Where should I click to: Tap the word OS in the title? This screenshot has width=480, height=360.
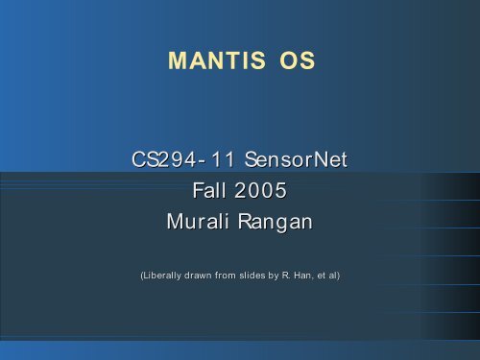point(297,63)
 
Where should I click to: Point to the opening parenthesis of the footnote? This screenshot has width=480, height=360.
point(142,276)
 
